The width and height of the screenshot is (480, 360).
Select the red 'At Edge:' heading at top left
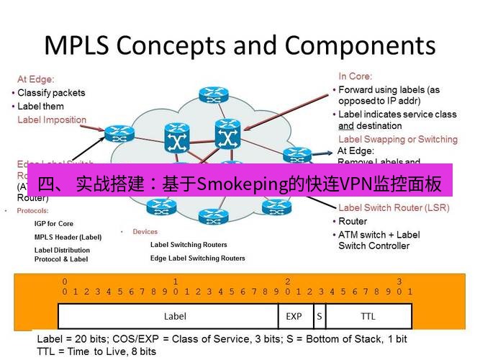pos(36,79)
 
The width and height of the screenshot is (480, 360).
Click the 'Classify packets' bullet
pos(51,93)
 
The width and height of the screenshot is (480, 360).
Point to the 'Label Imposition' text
pos(52,120)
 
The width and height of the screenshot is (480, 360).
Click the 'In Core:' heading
pos(354,76)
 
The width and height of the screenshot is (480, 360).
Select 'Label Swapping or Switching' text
pos(397,139)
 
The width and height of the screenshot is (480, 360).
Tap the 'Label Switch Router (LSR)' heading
pos(394,208)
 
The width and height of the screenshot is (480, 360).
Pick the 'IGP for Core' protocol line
pos(54,224)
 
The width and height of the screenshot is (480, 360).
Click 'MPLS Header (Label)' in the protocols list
pos(68,237)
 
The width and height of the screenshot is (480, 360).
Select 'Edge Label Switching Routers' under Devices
pos(197,258)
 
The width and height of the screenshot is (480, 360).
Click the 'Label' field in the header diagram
pos(175,315)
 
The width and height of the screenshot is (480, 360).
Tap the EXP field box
pos(294,315)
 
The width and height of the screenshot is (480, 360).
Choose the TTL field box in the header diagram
pos(368,315)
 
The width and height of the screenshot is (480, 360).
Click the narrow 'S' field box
pos(318,315)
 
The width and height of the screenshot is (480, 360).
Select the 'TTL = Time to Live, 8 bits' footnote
pos(96,351)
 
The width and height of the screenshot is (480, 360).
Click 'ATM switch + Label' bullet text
pos(379,235)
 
